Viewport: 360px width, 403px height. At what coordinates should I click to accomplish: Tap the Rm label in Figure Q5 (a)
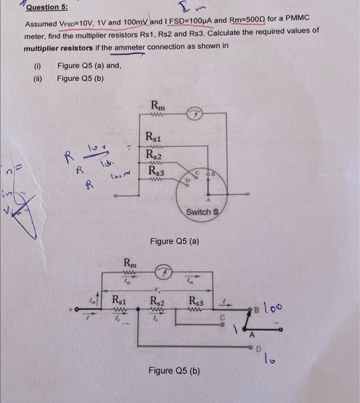pyautogui.click(x=157, y=105)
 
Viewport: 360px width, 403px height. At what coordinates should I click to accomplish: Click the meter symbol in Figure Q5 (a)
pyautogui.click(x=194, y=114)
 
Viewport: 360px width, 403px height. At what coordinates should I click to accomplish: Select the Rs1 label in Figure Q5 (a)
pyautogui.click(x=155, y=137)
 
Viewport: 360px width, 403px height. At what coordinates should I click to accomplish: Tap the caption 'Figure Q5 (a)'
pyautogui.click(x=174, y=241)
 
